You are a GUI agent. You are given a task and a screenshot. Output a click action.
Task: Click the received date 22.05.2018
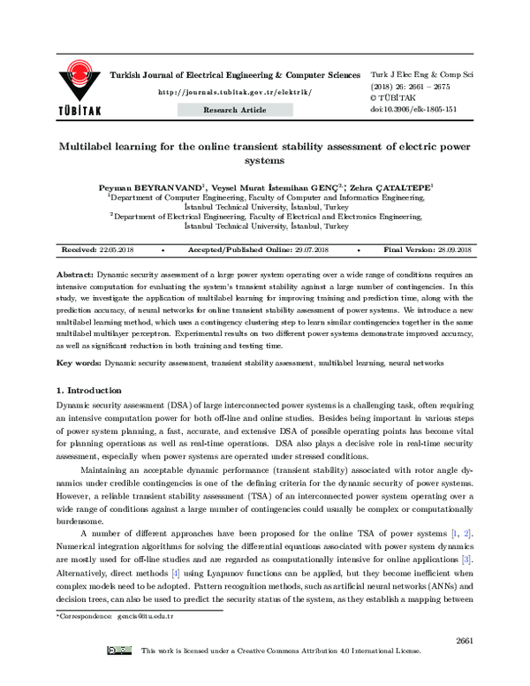pos(117,252)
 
